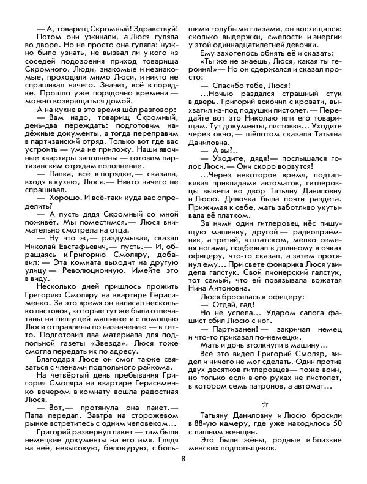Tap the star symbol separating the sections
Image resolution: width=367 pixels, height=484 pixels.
(265, 403)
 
